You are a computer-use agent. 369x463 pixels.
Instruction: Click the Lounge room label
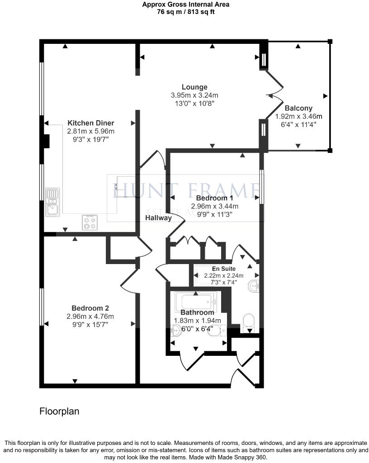pyautogui.click(x=194, y=87)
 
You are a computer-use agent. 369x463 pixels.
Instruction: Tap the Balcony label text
pyautogui.click(x=298, y=108)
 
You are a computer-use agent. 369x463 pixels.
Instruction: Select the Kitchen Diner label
pyautogui.click(x=90, y=123)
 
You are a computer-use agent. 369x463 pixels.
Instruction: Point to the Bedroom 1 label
pyautogui.click(x=214, y=198)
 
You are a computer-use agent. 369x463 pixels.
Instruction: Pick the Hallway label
pyautogui.click(x=158, y=218)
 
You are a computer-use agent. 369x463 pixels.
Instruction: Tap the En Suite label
pyautogui.click(x=224, y=269)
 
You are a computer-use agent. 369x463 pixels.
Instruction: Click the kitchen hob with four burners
pyautogui.click(x=90, y=222)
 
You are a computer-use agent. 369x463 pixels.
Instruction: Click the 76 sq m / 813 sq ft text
pyautogui.click(x=185, y=12)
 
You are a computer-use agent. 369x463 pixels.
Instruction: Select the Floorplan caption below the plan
pyautogui.click(x=59, y=411)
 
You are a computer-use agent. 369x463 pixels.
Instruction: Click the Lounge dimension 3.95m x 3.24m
pyautogui.click(x=194, y=95)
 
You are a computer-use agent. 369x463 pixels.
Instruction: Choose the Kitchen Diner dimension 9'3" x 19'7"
pyautogui.click(x=90, y=140)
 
